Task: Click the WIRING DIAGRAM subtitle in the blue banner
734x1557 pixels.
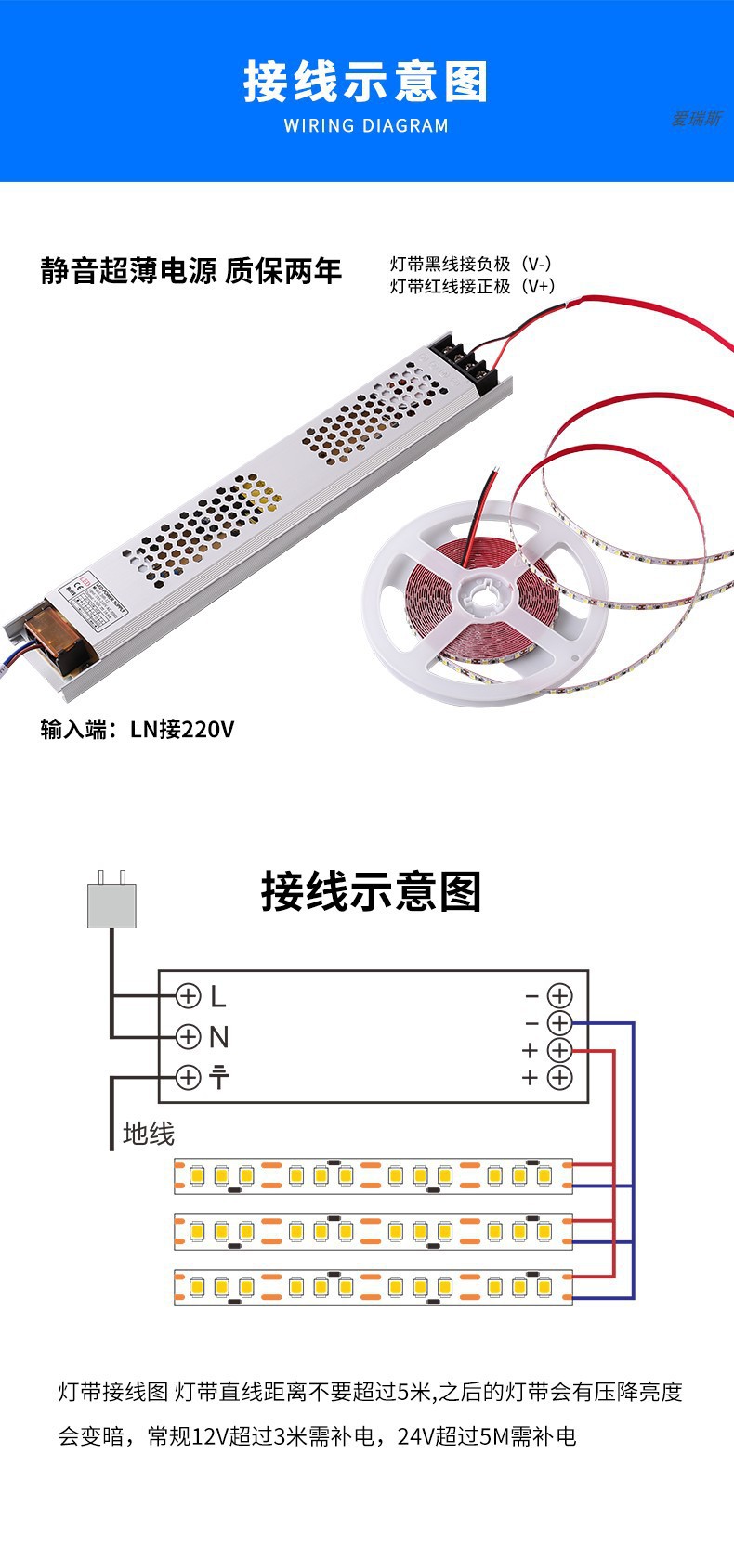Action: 366,125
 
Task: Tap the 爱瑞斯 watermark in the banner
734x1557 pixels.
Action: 696,120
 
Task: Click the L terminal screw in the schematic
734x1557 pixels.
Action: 189,996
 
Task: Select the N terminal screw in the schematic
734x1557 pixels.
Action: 189,1036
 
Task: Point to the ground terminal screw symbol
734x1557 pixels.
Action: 189,1077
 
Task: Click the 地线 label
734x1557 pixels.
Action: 149,1134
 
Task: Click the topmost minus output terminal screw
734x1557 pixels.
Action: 559,996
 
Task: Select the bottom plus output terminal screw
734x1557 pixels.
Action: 559,1077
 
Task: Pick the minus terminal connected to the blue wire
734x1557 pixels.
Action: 559,1023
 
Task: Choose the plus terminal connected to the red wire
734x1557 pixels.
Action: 559,1050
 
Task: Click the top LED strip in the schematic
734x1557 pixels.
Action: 374,1175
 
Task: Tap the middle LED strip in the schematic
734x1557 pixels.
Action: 374,1231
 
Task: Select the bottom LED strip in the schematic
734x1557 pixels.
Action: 374,1287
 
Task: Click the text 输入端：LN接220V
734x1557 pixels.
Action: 138,729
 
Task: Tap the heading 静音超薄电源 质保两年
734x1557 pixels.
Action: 191,271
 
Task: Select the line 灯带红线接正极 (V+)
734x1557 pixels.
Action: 472,287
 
